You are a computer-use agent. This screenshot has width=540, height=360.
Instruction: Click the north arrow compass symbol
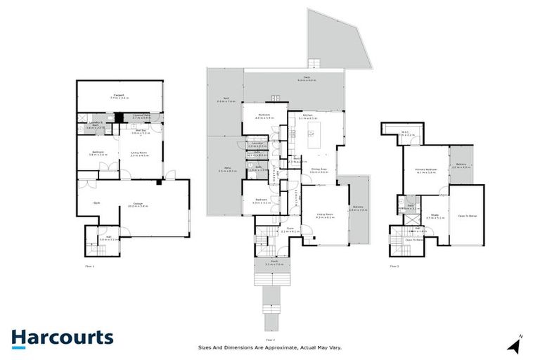(516, 344)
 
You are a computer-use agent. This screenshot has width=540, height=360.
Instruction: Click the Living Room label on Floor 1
(138, 153)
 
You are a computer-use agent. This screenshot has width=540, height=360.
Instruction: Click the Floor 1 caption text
(89, 266)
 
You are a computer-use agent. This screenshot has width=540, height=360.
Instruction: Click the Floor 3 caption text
(394, 266)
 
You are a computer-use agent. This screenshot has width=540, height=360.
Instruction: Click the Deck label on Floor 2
(307, 78)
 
